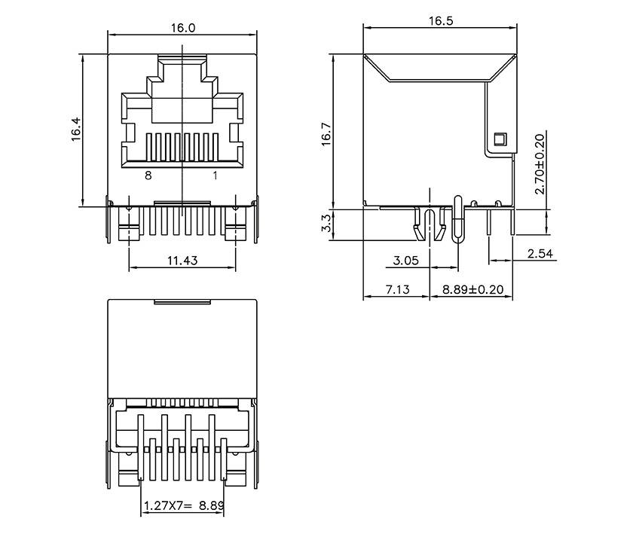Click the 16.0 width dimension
[182, 28]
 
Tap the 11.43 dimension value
[182, 261]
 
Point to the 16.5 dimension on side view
[441, 21]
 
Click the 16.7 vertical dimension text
[326, 134]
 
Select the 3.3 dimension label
[326, 222]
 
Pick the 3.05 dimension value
[406, 261]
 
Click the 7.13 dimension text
[396, 289]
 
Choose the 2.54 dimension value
[540, 254]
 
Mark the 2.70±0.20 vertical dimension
[539, 163]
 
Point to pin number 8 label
[148, 175]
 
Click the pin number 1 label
[215, 175]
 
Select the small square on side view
[497, 139]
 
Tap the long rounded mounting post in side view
[457, 219]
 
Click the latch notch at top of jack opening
[182, 59]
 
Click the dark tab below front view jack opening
[182, 203]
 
